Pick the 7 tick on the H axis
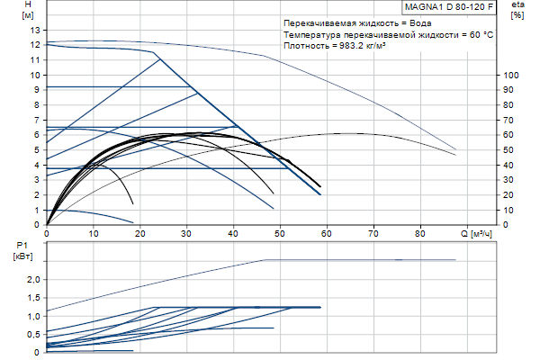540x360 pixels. [37, 120]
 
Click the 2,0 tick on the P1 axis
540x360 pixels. [31, 280]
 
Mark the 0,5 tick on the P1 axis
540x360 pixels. [31, 334]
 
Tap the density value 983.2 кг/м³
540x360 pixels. [359, 46]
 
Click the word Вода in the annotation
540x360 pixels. [424, 22]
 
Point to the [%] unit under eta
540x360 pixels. [517, 17]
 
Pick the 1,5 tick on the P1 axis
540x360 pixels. [31, 298]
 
